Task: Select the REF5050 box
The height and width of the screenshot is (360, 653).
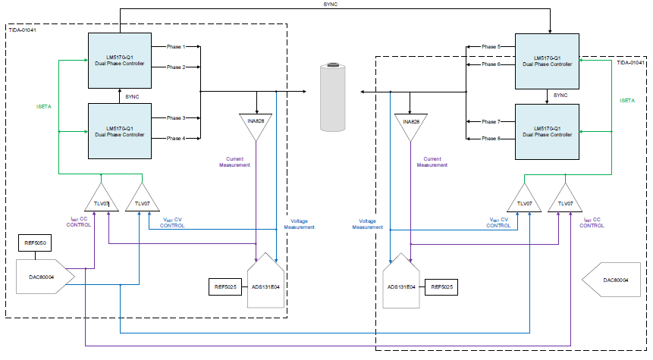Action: tap(35, 244)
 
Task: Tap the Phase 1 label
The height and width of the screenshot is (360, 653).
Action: tap(176, 47)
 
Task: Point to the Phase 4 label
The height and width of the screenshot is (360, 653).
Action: tap(176, 138)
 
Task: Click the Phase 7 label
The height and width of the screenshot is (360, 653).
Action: tap(490, 121)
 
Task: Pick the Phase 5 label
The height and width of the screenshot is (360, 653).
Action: tap(490, 47)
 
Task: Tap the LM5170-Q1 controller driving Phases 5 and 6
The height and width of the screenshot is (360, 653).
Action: tap(547, 60)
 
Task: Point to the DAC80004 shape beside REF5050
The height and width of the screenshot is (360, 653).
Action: tap(44, 272)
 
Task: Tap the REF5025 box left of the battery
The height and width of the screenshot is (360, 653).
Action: tap(225, 287)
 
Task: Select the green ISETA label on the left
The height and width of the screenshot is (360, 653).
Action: tap(44, 106)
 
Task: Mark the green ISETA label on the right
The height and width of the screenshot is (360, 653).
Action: tap(627, 101)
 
